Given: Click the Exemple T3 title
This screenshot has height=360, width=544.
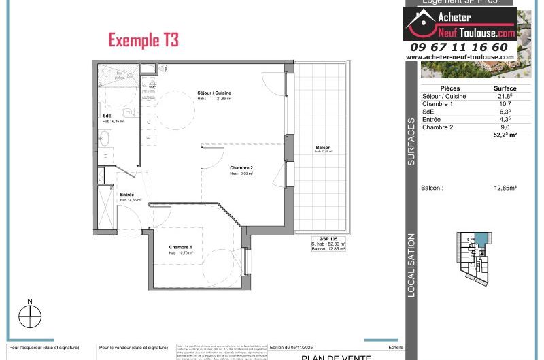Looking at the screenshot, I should coord(143,40).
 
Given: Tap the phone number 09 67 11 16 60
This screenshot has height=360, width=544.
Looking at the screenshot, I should coord(459,47).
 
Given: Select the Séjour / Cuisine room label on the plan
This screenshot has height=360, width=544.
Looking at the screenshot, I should coord(215,93).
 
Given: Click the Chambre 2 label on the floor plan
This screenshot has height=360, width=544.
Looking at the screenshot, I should coord(241,168).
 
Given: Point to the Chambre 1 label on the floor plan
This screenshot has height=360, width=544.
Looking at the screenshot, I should coord(180,247).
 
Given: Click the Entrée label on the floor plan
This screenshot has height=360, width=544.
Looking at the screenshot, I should coord(126,195).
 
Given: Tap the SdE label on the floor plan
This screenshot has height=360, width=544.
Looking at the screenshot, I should coord(107,116).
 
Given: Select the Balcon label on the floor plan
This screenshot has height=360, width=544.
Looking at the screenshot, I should coord(324,148).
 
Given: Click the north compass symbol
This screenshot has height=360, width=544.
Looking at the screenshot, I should coord(30,316).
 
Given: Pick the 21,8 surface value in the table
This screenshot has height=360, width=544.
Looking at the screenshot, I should coord(505,97).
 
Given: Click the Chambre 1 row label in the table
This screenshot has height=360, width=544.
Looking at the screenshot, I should coord(437,104).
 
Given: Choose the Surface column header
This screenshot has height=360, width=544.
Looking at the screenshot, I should coord(505,88).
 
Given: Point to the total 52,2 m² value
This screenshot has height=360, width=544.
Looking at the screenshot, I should coord(505,135).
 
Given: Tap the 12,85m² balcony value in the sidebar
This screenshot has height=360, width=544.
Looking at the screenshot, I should coord(505,188).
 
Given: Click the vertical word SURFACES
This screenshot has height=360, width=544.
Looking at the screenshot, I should coord(411,142).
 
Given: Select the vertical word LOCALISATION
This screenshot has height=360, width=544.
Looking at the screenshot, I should coord(411,265).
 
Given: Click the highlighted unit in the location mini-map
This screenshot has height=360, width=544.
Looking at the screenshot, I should coord(481,239).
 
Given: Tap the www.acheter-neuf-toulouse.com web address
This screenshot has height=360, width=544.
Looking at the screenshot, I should coord(459,57).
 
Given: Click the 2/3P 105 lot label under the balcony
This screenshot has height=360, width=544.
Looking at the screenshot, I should coord(328,239).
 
